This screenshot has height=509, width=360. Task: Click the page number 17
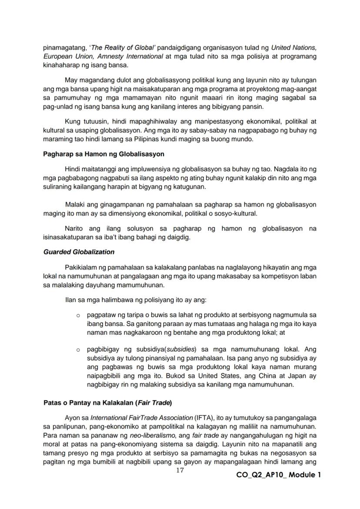180,471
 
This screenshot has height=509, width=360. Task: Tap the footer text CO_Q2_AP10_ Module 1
279,475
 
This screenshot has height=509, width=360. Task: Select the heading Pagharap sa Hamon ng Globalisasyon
103,154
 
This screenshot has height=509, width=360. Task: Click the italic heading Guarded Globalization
79,252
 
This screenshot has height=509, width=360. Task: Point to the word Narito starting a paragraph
74,228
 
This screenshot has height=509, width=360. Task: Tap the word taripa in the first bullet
129,314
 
